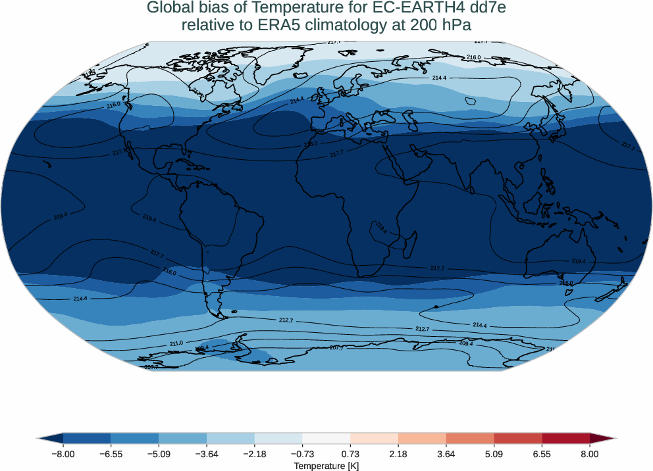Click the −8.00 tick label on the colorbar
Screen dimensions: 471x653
tap(63, 454)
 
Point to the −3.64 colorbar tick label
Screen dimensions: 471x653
tap(207, 454)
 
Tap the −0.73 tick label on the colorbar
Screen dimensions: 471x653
tap(302, 454)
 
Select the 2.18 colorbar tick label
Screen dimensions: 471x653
tap(398, 454)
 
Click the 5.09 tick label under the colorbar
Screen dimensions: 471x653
tap(494, 454)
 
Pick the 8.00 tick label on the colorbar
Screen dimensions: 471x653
tap(590, 454)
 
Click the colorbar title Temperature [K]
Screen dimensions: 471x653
tap(326, 466)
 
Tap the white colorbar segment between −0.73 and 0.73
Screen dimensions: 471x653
tap(326, 438)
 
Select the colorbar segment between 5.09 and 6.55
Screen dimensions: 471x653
tap(518, 438)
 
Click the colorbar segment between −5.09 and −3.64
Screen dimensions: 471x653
tap(183, 438)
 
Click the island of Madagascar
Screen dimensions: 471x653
tap(409, 245)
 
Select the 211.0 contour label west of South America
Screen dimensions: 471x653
tap(176, 343)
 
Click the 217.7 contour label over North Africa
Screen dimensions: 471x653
tap(336, 153)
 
